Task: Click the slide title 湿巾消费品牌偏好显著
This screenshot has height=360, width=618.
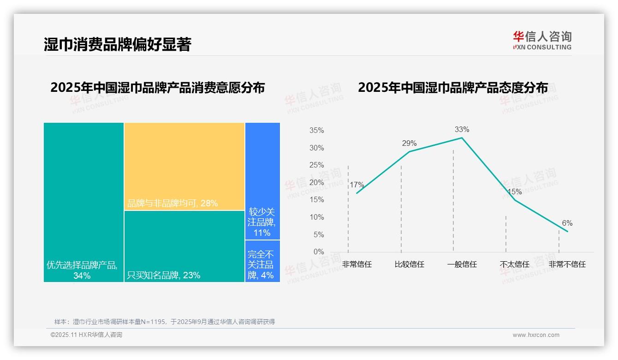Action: (117, 44)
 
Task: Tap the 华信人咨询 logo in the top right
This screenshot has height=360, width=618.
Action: (542, 40)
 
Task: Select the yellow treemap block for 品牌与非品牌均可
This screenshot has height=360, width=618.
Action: (184, 166)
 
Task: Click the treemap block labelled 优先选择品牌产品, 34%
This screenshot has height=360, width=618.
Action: (83, 202)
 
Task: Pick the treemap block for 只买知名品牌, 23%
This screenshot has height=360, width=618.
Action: (184, 246)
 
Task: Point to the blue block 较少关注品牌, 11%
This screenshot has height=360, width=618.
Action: (262, 181)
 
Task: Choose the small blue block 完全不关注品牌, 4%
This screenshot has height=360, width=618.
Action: (262, 261)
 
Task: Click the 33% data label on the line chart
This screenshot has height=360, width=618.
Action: (462, 129)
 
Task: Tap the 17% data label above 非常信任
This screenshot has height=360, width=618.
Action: (357, 185)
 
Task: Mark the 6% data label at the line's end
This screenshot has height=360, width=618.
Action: (567, 223)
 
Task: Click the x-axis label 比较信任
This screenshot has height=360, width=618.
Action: (409, 264)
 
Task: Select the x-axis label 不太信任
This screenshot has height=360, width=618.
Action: (514, 264)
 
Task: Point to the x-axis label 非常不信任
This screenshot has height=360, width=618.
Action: (567, 264)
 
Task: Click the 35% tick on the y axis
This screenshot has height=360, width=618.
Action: (316, 131)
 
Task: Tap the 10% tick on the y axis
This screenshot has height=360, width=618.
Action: (316, 217)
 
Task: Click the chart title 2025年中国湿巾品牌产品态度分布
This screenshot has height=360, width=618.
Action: (453, 88)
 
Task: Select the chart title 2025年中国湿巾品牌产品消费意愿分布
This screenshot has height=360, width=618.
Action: (157, 88)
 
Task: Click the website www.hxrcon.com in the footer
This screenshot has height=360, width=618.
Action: (536, 335)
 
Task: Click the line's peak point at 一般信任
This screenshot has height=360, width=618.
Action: (462, 138)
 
